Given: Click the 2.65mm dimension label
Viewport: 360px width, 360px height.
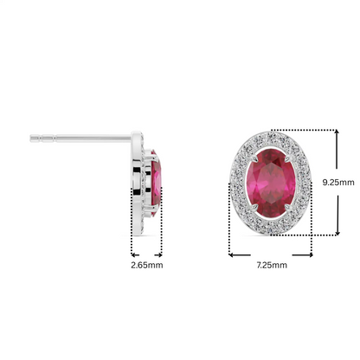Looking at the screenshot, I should click(145, 265).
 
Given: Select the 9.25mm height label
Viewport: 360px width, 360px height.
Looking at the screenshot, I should click(338, 183).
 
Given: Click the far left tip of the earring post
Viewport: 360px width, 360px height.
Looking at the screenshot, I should click(31, 136).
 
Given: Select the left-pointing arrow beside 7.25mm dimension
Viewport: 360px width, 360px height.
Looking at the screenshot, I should click(231, 254).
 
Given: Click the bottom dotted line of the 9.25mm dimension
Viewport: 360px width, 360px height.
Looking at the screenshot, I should click(303, 235).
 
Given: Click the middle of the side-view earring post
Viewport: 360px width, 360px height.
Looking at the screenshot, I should click(82, 136).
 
